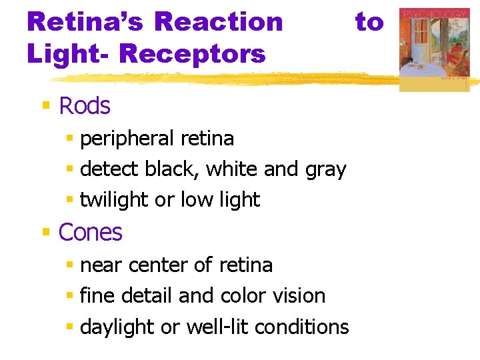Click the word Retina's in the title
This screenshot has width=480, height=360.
coord(84,21)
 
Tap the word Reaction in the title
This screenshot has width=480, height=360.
coord(218,21)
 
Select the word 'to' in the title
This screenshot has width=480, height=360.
coord(369,21)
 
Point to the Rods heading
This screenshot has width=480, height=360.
coord(85,105)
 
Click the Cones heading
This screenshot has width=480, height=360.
coord(91,232)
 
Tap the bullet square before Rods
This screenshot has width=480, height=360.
coord(47,105)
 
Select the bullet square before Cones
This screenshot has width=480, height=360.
coord(47,231)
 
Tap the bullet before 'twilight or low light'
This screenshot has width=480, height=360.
coord(70,199)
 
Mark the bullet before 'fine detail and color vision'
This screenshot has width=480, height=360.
coord(70,295)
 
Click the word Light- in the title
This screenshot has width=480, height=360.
coord(65,53)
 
